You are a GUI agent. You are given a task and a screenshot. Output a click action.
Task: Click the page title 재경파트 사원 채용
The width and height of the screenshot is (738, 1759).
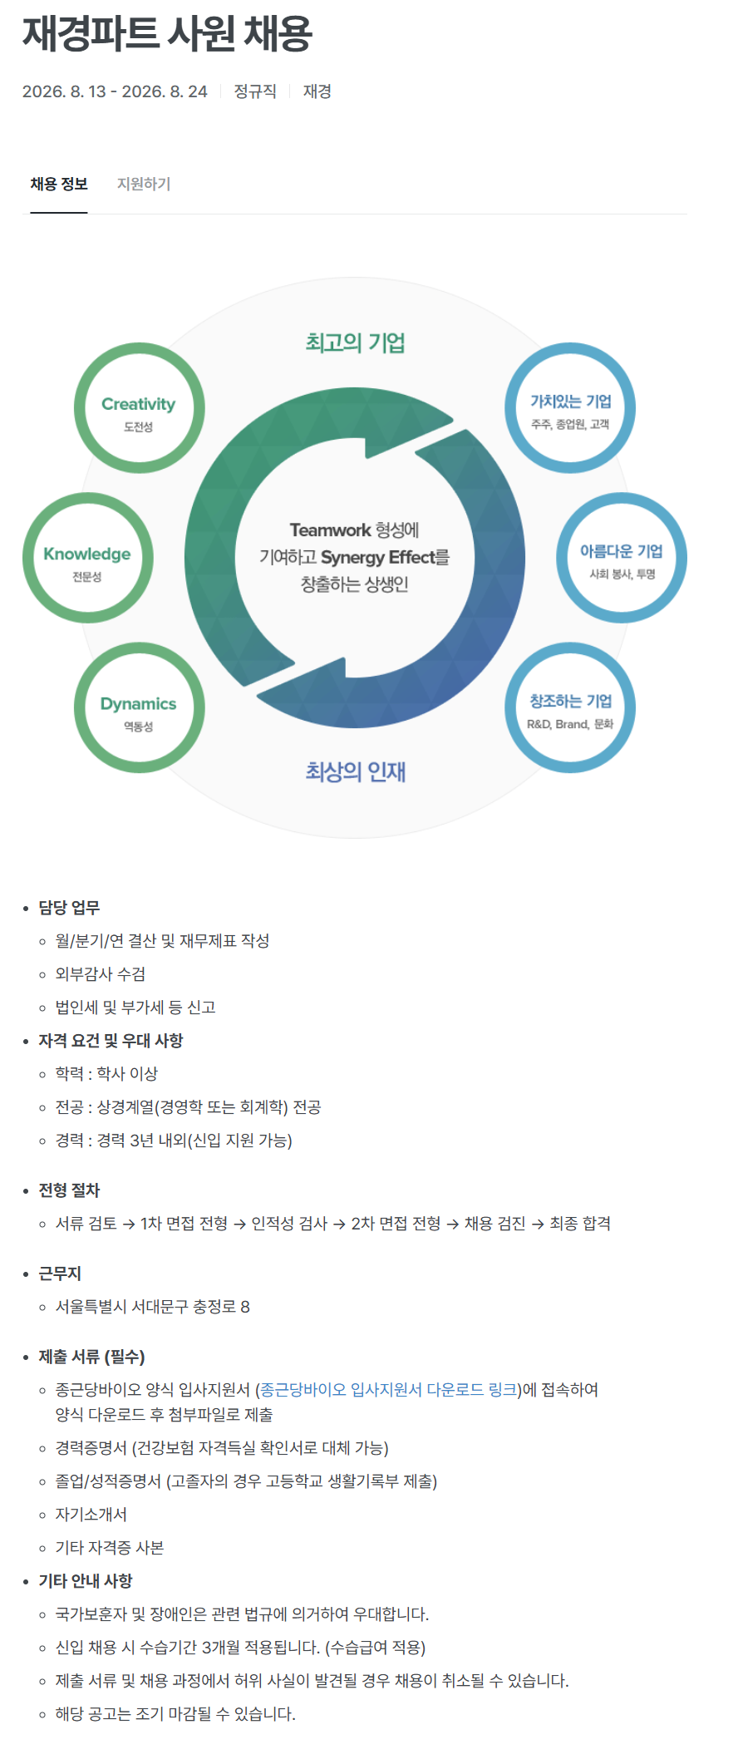167,34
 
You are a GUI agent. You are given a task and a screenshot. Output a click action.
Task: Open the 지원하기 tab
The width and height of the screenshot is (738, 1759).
144,184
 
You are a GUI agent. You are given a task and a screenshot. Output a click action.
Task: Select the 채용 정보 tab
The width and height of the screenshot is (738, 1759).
59,184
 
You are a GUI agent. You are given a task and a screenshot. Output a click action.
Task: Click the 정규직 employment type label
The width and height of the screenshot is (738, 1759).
255,91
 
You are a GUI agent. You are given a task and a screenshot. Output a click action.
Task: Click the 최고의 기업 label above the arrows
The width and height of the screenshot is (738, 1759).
355,342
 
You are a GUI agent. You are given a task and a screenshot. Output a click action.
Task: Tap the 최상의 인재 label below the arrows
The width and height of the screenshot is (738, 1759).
355,771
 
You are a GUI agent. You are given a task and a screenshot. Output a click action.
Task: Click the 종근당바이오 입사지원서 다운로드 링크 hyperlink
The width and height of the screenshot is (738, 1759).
389,1390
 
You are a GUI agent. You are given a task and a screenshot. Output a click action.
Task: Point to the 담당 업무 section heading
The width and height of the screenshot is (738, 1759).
69,908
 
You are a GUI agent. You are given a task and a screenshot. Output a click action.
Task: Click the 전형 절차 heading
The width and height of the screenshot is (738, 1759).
69,1190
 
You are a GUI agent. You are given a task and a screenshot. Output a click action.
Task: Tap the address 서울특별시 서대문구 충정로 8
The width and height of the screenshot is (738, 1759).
153,1307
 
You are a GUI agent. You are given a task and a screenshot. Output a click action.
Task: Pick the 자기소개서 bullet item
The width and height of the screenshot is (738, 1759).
91,1515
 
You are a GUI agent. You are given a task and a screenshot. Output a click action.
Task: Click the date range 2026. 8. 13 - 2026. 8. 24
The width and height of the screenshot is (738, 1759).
115,91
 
